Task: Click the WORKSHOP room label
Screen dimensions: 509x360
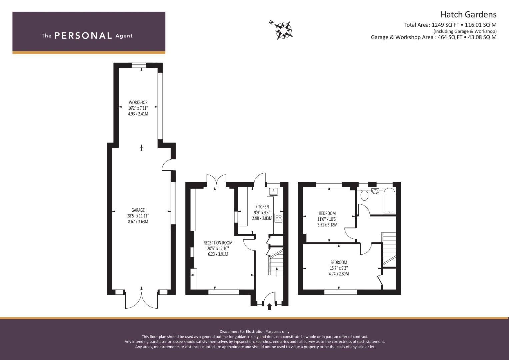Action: [138, 103]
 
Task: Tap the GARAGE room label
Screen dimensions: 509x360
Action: [138, 210]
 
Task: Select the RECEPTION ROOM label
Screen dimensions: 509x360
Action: [218, 243]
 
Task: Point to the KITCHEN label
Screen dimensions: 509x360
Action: [262, 207]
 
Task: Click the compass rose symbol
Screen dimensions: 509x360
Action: [283, 30]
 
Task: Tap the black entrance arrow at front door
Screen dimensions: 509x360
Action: [269, 307]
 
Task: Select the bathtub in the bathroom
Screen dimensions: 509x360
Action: [389, 200]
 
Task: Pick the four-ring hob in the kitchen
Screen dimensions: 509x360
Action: [279, 218]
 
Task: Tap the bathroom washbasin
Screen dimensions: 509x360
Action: [375, 191]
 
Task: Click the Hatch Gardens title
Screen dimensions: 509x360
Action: [468, 15]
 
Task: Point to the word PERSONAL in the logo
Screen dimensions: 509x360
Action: [83, 36]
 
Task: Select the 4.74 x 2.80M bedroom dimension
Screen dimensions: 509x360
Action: [339, 274]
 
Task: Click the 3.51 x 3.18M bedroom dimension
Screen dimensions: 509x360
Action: [327, 225]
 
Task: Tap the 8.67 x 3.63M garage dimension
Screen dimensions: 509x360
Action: [138, 222]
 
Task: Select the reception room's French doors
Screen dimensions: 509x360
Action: [216, 179]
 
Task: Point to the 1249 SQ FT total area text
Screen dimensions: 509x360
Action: [442, 25]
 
